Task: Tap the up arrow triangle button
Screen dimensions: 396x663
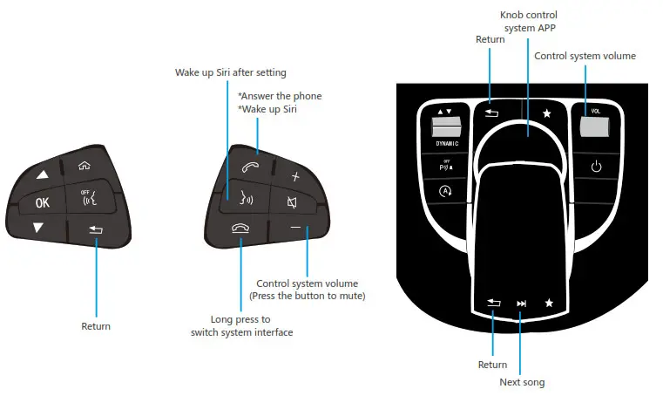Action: point(40,174)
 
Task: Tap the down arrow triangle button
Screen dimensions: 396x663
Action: point(38,228)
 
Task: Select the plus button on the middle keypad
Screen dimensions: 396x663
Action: point(295,175)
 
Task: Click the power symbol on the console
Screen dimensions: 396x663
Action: point(597,167)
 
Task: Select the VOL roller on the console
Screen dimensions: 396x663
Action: point(596,127)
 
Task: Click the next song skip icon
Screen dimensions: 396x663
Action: point(522,304)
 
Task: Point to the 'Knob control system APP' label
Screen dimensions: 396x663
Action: point(528,22)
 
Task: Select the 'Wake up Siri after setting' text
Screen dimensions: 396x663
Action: point(230,72)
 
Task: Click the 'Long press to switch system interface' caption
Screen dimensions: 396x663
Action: point(240,325)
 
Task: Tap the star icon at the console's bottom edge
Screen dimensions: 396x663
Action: point(549,304)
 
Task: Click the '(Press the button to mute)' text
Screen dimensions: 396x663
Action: point(307,296)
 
